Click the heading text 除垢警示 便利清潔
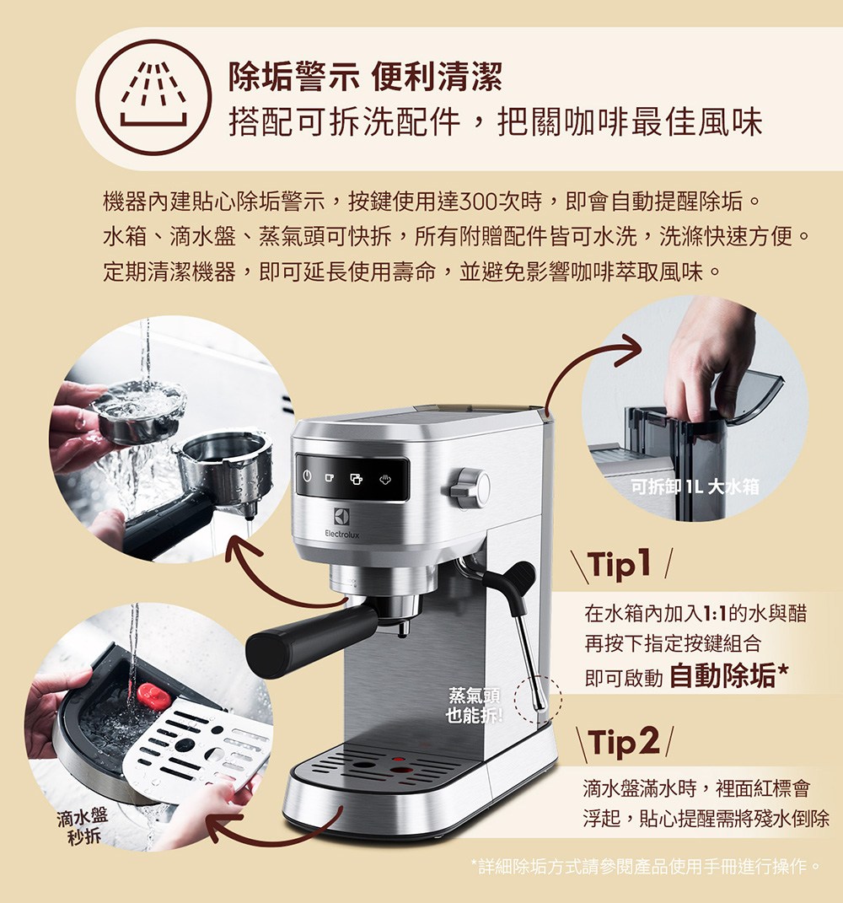point(365,78)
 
